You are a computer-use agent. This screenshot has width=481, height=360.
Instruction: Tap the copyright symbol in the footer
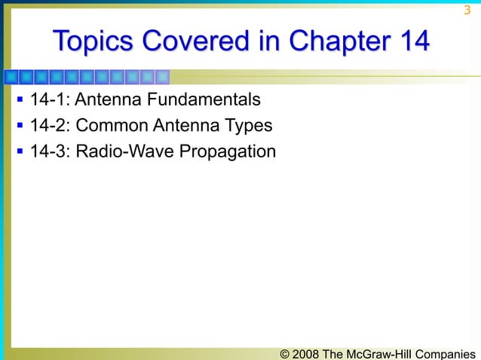click(285, 352)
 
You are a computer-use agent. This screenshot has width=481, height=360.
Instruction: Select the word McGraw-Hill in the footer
click(382, 352)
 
